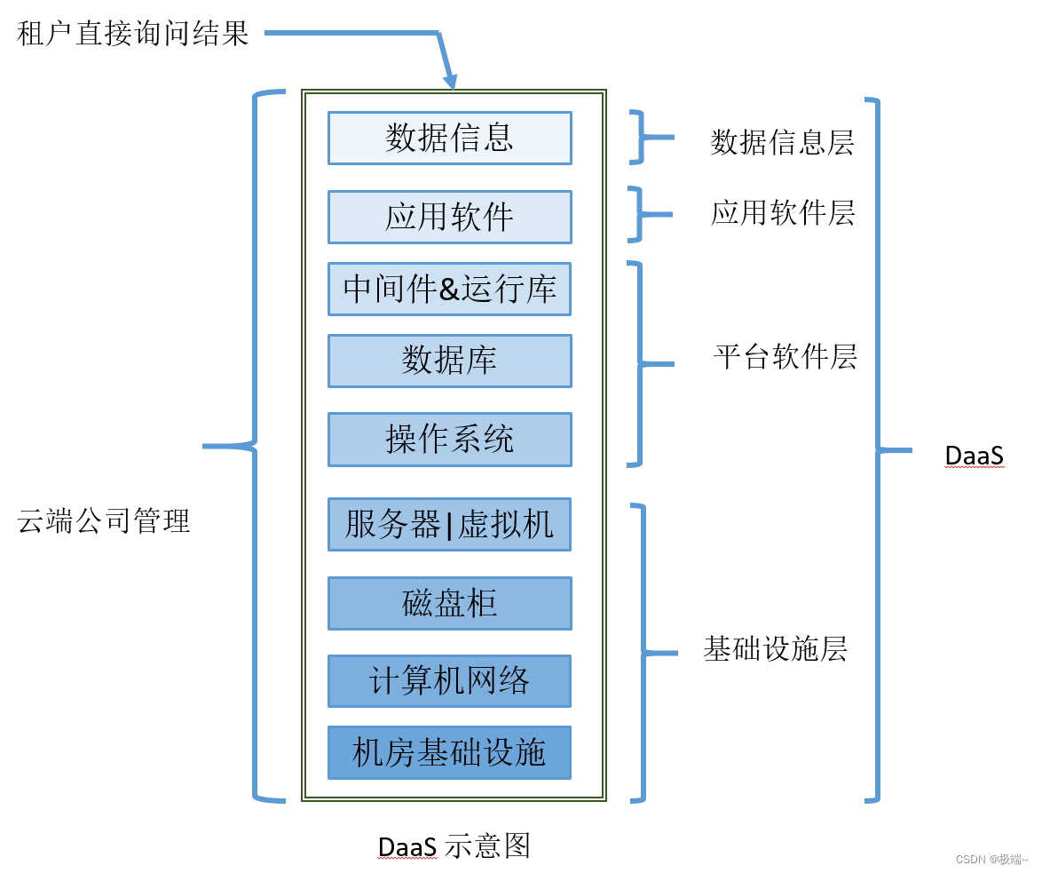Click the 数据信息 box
point(449,138)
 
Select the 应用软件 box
point(449,217)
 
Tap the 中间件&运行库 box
point(449,289)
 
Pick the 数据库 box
point(449,361)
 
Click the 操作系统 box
point(449,439)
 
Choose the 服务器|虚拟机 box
point(449,524)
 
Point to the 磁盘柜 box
point(449,603)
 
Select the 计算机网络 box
point(449,681)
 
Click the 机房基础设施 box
point(449,753)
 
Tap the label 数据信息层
point(782,142)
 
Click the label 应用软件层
point(783,213)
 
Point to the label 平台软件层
point(785,357)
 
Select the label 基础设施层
point(775,649)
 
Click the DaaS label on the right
point(974,456)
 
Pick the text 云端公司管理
point(104,520)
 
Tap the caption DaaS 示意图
point(454,845)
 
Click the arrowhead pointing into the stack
point(451,82)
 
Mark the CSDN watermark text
point(991,859)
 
